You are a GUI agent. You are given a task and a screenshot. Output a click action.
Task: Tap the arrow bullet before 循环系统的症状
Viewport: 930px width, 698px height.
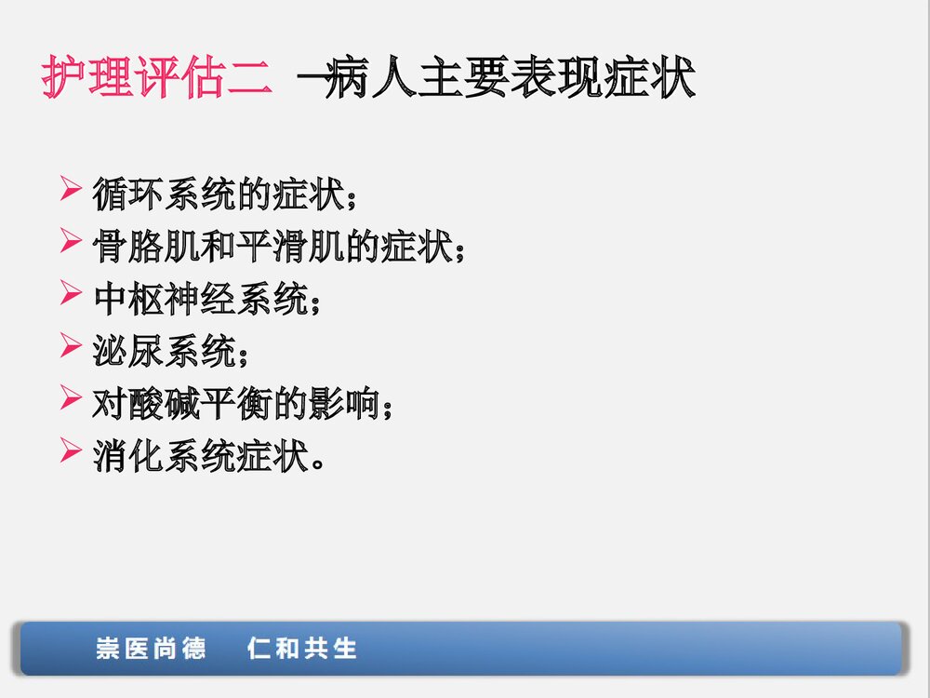click(x=73, y=193)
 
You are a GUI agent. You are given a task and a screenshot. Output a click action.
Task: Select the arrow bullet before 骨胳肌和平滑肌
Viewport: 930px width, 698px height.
click(x=73, y=245)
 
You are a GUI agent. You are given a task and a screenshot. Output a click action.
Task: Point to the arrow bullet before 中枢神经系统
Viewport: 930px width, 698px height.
click(x=73, y=297)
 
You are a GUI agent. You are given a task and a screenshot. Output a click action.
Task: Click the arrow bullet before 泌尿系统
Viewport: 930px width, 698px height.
click(x=73, y=349)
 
